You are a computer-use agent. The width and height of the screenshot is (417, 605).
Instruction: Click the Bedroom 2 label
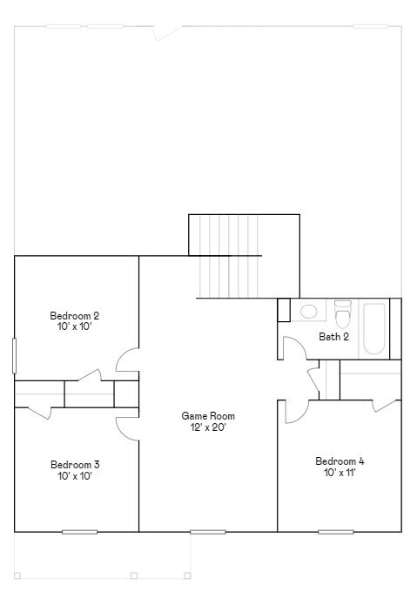(74, 315)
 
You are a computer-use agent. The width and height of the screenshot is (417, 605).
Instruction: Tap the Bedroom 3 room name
(74, 464)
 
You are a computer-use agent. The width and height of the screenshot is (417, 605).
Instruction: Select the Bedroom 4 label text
(340, 460)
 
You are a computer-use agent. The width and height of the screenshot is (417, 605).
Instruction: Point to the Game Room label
(208, 416)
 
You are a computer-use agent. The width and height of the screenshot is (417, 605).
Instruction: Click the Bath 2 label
(333, 336)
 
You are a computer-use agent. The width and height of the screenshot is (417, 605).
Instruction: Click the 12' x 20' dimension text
(208, 427)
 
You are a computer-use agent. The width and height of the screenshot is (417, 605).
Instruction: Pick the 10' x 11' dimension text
(340, 473)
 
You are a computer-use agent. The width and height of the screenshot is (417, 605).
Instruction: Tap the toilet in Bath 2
(342, 312)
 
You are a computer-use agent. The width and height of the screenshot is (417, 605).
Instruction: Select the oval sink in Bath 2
(308, 311)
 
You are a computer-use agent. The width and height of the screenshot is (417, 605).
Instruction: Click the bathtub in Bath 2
(374, 327)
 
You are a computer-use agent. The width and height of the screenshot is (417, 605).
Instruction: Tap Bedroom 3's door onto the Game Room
(127, 423)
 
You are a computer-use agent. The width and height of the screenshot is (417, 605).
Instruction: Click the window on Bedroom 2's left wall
(14, 355)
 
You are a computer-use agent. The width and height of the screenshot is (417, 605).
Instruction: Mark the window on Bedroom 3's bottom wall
(78, 531)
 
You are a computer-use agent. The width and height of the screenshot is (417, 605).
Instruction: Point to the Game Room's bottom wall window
(207, 531)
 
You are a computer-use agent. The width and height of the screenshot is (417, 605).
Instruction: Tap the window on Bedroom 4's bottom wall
(335, 531)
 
